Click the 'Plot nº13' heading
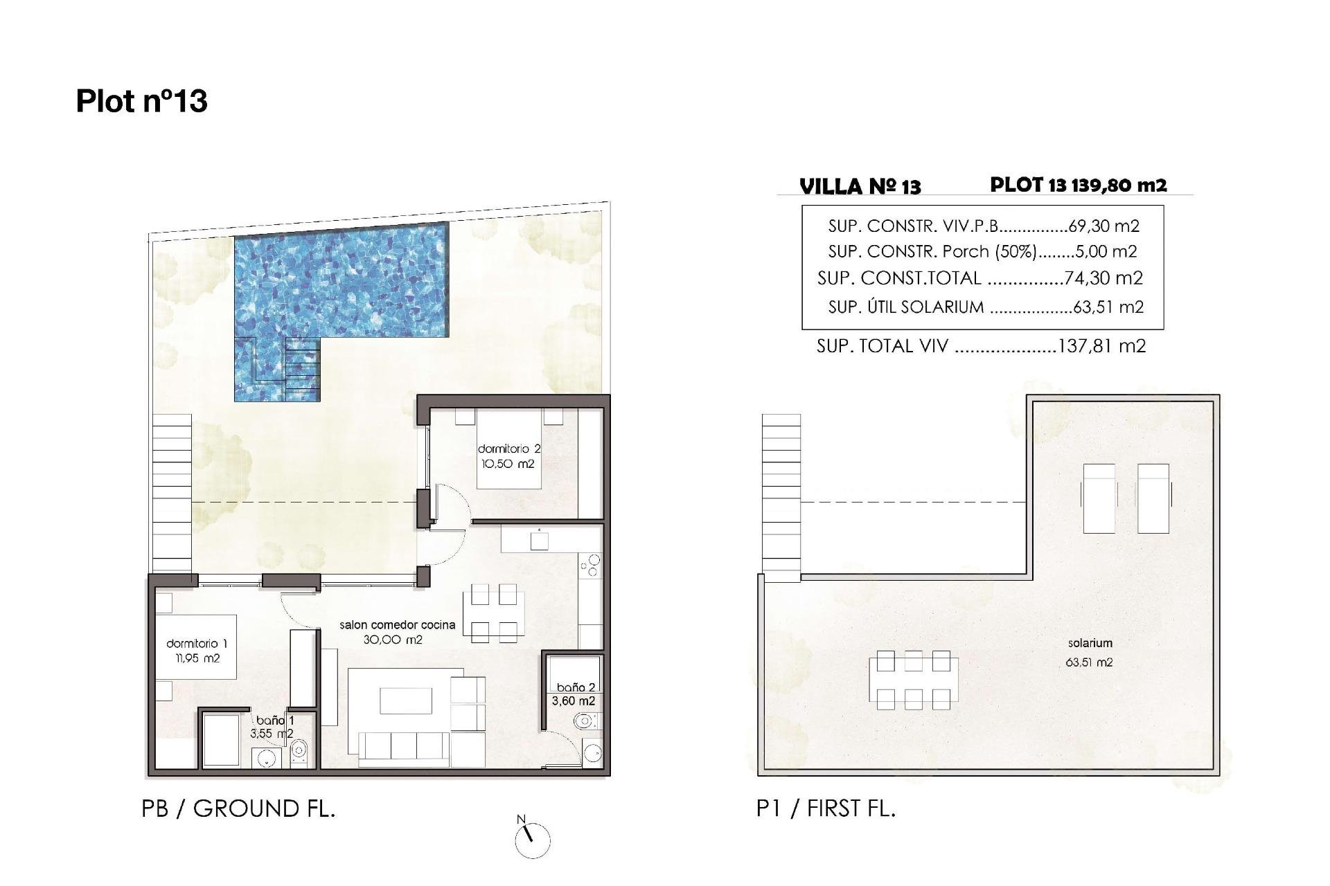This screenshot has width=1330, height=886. tap(142, 101)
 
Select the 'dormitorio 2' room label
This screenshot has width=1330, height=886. tap(508, 449)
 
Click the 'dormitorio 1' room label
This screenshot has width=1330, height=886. tap(197, 644)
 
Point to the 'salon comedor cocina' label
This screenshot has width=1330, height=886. tap(397, 624)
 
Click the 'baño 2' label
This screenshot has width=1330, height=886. tap(576, 687)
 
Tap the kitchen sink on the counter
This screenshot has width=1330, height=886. tap(539, 541)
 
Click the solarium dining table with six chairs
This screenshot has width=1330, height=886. tap(913, 680)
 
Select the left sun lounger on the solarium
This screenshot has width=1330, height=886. tap(1099, 498)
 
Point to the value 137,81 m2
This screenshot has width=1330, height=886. tap(1101, 346)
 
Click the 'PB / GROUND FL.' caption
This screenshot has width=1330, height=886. tap(238, 808)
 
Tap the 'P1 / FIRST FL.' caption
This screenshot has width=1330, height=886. tap(826, 808)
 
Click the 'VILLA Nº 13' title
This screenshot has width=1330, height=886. tap(860, 187)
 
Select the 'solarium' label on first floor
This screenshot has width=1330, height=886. tap(1090, 643)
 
